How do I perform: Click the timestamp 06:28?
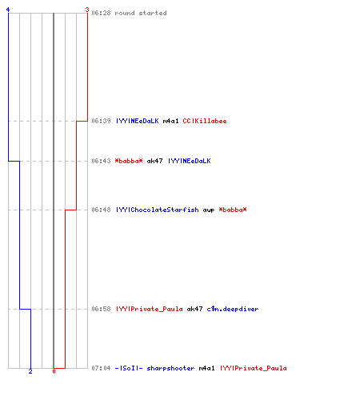click(x=101, y=13)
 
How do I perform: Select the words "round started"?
click(x=141, y=13)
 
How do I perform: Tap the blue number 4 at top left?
click(x=8, y=10)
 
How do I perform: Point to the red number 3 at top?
click(x=87, y=10)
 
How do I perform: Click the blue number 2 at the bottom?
click(x=30, y=371)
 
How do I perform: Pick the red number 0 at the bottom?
click(x=54, y=371)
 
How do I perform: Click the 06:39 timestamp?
click(x=101, y=121)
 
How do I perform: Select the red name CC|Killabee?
click(x=205, y=121)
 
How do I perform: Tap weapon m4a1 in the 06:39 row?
click(x=170, y=121)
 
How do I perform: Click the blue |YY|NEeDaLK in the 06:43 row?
click(x=190, y=161)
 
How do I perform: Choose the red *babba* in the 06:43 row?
click(x=129, y=161)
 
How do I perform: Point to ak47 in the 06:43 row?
click(x=154, y=161)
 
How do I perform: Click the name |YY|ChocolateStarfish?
click(x=158, y=210)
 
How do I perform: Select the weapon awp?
click(x=209, y=210)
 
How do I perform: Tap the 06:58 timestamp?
click(x=101, y=309)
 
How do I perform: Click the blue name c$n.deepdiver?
click(x=233, y=309)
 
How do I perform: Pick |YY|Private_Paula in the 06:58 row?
click(x=150, y=309)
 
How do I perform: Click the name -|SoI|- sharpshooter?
click(x=154, y=368)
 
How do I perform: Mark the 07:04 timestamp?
click(x=101, y=368)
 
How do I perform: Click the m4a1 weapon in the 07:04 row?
click(x=206, y=368)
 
